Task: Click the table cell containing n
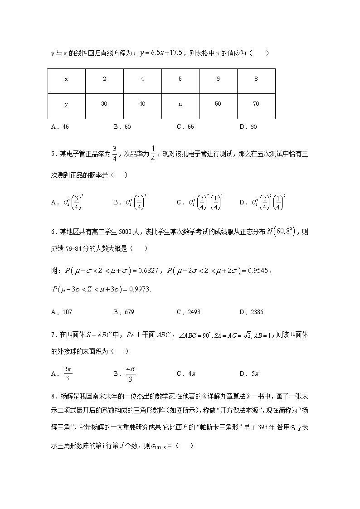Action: [x=180, y=104]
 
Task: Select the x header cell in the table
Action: [x=66, y=79]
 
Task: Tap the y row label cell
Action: [x=66, y=104]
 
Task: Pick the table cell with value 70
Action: [x=256, y=104]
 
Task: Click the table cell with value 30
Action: [x=104, y=104]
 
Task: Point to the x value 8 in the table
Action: [x=256, y=79]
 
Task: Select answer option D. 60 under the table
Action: [x=248, y=127]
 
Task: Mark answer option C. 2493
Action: [x=188, y=312]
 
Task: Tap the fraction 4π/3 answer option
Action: [x=130, y=374]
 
